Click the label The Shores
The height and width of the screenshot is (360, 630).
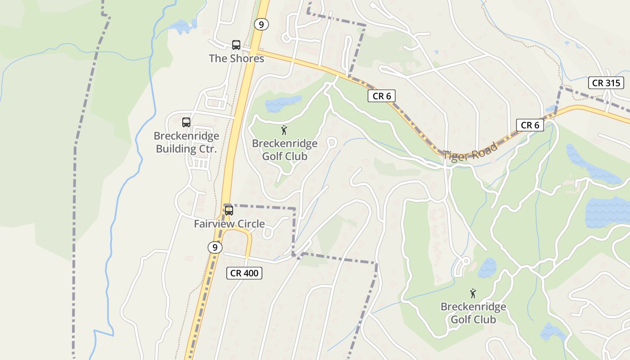point(236,58)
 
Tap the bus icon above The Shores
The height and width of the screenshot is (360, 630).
point(236,45)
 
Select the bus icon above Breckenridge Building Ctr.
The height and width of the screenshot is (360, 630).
point(186,122)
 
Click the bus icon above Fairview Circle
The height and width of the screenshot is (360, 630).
point(229,210)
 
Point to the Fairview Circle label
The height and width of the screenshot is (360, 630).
point(229,224)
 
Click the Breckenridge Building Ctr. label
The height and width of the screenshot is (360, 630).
point(186,142)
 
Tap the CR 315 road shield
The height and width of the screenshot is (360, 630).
point(606,83)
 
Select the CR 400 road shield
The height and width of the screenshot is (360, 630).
point(244,273)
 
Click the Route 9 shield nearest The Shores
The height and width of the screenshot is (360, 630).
point(261,24)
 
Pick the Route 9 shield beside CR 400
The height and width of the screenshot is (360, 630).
point(215,247)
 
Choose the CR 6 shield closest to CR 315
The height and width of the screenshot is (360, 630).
point(530,125)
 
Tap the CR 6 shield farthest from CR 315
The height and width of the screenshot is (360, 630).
point(382,96)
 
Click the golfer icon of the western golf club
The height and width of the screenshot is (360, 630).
point(284,130)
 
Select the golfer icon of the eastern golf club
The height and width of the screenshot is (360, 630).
point(473,294)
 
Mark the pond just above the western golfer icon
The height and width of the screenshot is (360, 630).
point(282,104)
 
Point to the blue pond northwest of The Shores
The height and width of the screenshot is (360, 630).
point(184,27)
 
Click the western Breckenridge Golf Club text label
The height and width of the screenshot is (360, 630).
point(284,150)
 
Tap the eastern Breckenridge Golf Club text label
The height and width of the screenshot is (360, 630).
point(473,313)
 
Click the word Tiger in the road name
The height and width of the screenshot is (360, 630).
point(457,154)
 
